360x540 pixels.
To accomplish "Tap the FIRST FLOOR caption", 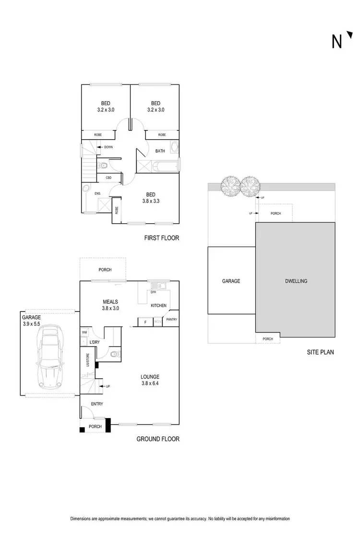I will tap(161, 238).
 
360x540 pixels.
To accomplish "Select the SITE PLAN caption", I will tap(320, 352).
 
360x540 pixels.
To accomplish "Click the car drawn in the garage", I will tap(50, 358).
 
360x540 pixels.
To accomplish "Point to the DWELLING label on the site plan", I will tap(295, 281).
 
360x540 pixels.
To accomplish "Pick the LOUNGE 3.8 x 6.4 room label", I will tap(150, 380).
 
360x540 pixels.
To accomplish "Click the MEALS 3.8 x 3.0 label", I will tap(110, 305).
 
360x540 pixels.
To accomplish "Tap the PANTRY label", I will tap(171, 319).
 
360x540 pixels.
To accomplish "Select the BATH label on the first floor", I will tap(160, 151).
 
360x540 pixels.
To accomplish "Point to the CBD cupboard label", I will tap(109, 178).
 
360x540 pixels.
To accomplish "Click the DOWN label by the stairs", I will tap(108, 147).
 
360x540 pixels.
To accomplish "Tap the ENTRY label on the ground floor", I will tap(96, 404).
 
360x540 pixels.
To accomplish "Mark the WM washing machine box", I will tap(84, 332).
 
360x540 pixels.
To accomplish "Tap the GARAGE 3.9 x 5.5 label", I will tap(33, 321).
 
